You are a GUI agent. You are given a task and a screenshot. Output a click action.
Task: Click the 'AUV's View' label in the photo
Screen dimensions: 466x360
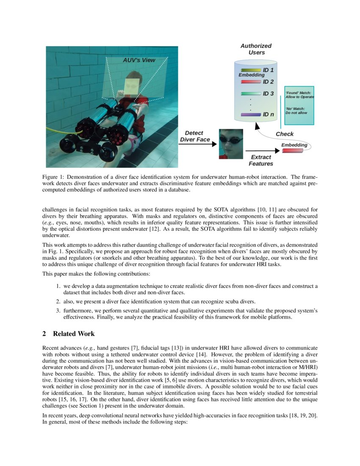(139, 60)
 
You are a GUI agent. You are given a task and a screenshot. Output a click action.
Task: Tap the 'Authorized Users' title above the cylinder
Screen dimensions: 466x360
(256, 49)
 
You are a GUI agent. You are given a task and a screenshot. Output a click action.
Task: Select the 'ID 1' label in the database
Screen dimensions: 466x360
(268, 70)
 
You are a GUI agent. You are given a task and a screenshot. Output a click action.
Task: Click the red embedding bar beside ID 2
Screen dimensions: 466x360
(250, 82)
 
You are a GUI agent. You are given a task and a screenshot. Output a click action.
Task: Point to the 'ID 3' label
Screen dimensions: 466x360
(268, 94)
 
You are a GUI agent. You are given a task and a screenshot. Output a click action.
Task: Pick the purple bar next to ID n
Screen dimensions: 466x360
(250, 114)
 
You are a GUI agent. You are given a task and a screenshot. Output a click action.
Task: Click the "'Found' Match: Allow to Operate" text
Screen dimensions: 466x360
(299, 95)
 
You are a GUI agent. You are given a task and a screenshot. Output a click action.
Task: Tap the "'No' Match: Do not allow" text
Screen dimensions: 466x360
(296, 111)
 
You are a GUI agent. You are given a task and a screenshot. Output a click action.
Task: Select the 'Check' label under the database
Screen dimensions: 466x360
(285, 134)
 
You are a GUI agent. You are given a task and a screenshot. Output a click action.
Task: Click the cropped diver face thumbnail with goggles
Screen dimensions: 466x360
(230, 144)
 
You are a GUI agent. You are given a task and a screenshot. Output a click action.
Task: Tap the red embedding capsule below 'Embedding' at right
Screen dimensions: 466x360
(292, 150)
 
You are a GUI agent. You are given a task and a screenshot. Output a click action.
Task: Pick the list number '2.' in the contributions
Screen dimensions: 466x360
(59, 302)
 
